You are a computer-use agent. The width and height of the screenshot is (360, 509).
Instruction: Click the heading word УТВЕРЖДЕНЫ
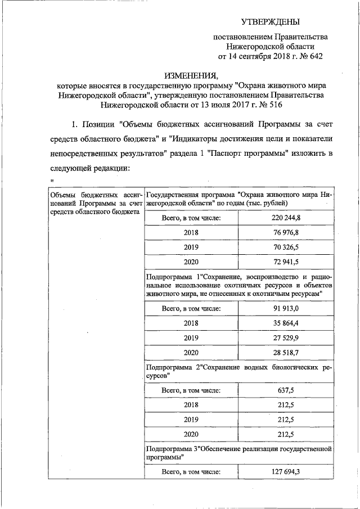(x=271, y=21)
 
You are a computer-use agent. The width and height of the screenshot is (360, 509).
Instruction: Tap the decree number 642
(x=312, y=56)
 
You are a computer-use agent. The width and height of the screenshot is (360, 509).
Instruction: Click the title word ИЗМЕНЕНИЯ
(x=191, y=75)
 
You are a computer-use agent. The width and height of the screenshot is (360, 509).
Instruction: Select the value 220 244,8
(x=285, y=217)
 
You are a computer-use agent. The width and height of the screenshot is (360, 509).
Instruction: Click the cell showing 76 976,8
(x=285, y=232)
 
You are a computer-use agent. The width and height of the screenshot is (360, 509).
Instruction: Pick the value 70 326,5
(x=285, y=247)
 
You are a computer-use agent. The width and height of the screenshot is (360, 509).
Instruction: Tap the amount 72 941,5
(x=285, y=262)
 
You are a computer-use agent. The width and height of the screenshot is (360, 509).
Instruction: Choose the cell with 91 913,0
(x=285, y=308)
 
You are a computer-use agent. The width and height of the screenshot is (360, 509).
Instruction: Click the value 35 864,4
(x=285, y=323)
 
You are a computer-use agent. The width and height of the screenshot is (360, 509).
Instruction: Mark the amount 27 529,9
(x=285, y=339)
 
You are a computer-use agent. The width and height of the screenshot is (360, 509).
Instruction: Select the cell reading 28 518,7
(x=285, y=353)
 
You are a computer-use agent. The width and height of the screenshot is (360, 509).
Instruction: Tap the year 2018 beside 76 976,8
(x=191, y=232)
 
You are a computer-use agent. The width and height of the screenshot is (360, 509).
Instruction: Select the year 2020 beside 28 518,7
(x=191, y=353)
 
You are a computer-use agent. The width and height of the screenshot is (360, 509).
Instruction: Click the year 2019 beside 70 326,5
(x=191, y=247)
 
